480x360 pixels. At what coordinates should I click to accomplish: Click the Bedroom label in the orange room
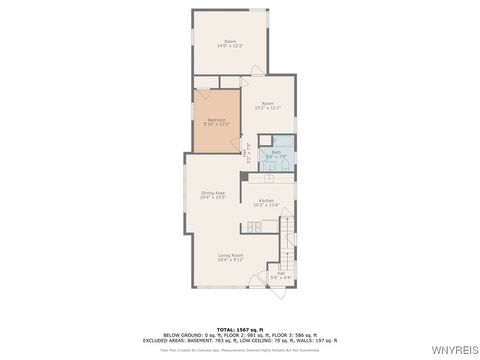[215, 120]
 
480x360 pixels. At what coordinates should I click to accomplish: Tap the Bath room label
[276, 152]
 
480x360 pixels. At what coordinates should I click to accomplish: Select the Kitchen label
[267, 201]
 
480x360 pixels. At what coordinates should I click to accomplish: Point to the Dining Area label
[213, 192]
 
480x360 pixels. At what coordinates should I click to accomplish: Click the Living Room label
[231, 255]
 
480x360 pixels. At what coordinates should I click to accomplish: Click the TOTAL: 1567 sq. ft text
[240, 329]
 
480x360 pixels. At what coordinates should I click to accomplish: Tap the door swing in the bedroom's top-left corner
[200, 96]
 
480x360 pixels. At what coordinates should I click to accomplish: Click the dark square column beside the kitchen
[244, 177]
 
